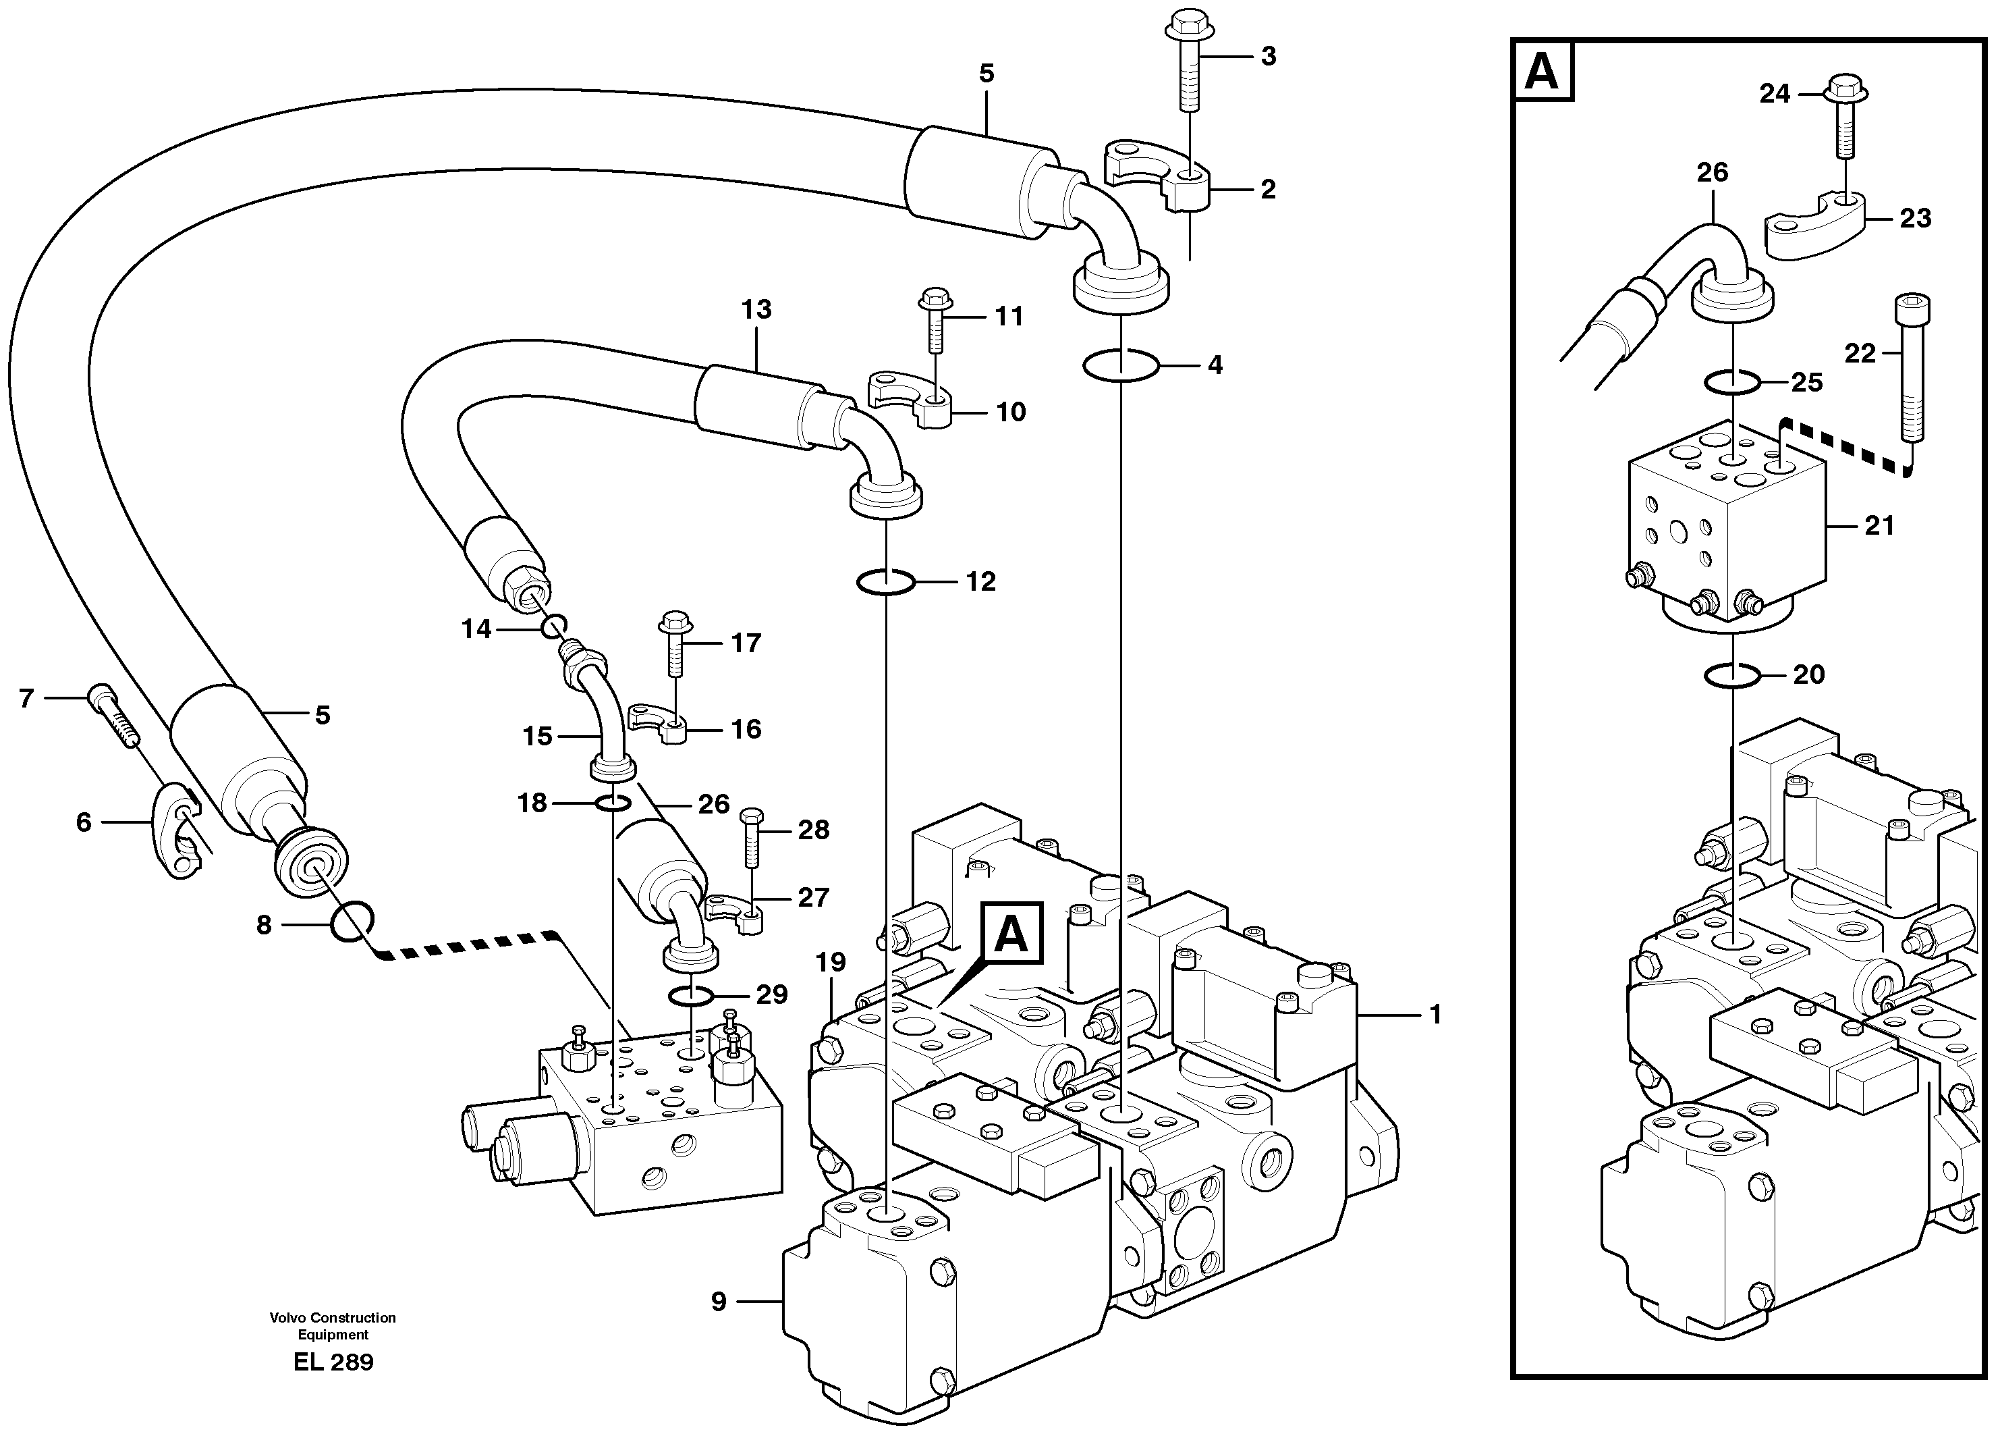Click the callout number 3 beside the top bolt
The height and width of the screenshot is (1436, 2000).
(1268, 57)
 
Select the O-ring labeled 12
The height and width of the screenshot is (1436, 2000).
(886, 582)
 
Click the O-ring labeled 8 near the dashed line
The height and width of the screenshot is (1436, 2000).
(352, 922)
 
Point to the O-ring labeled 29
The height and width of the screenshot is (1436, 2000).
(690, 996)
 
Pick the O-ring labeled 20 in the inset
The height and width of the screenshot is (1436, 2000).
(1733, 676)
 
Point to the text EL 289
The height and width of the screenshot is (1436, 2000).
(333, 1363)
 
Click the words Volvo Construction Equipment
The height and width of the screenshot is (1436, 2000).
(333, 1326)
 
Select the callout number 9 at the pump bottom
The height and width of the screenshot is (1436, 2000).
(719, 1301)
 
